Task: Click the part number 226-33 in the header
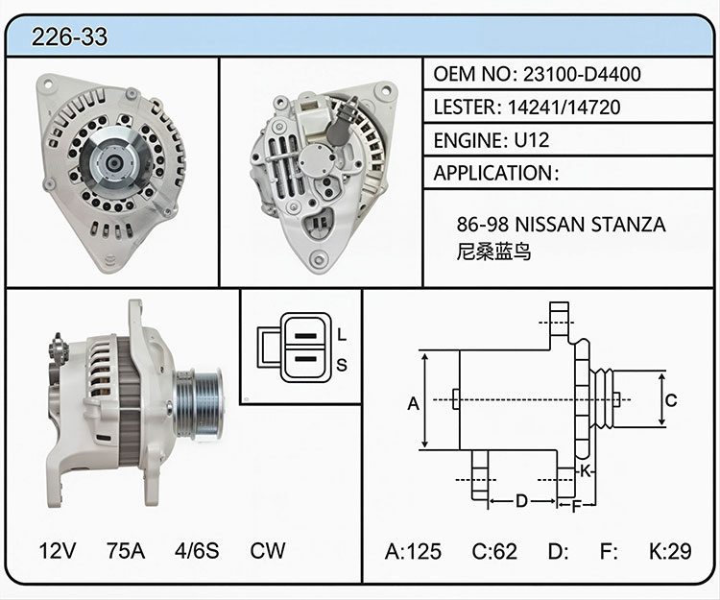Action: point(69,36)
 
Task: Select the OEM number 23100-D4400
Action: point(582,74)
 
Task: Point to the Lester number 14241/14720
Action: point(564,107)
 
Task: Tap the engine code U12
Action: point(531,140)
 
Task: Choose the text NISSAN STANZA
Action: point(590,225)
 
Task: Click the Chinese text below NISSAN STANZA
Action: point(493,252)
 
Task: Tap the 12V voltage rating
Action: point(58,550)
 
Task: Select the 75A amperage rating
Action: point(126,550)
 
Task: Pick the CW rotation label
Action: point(268,550)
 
